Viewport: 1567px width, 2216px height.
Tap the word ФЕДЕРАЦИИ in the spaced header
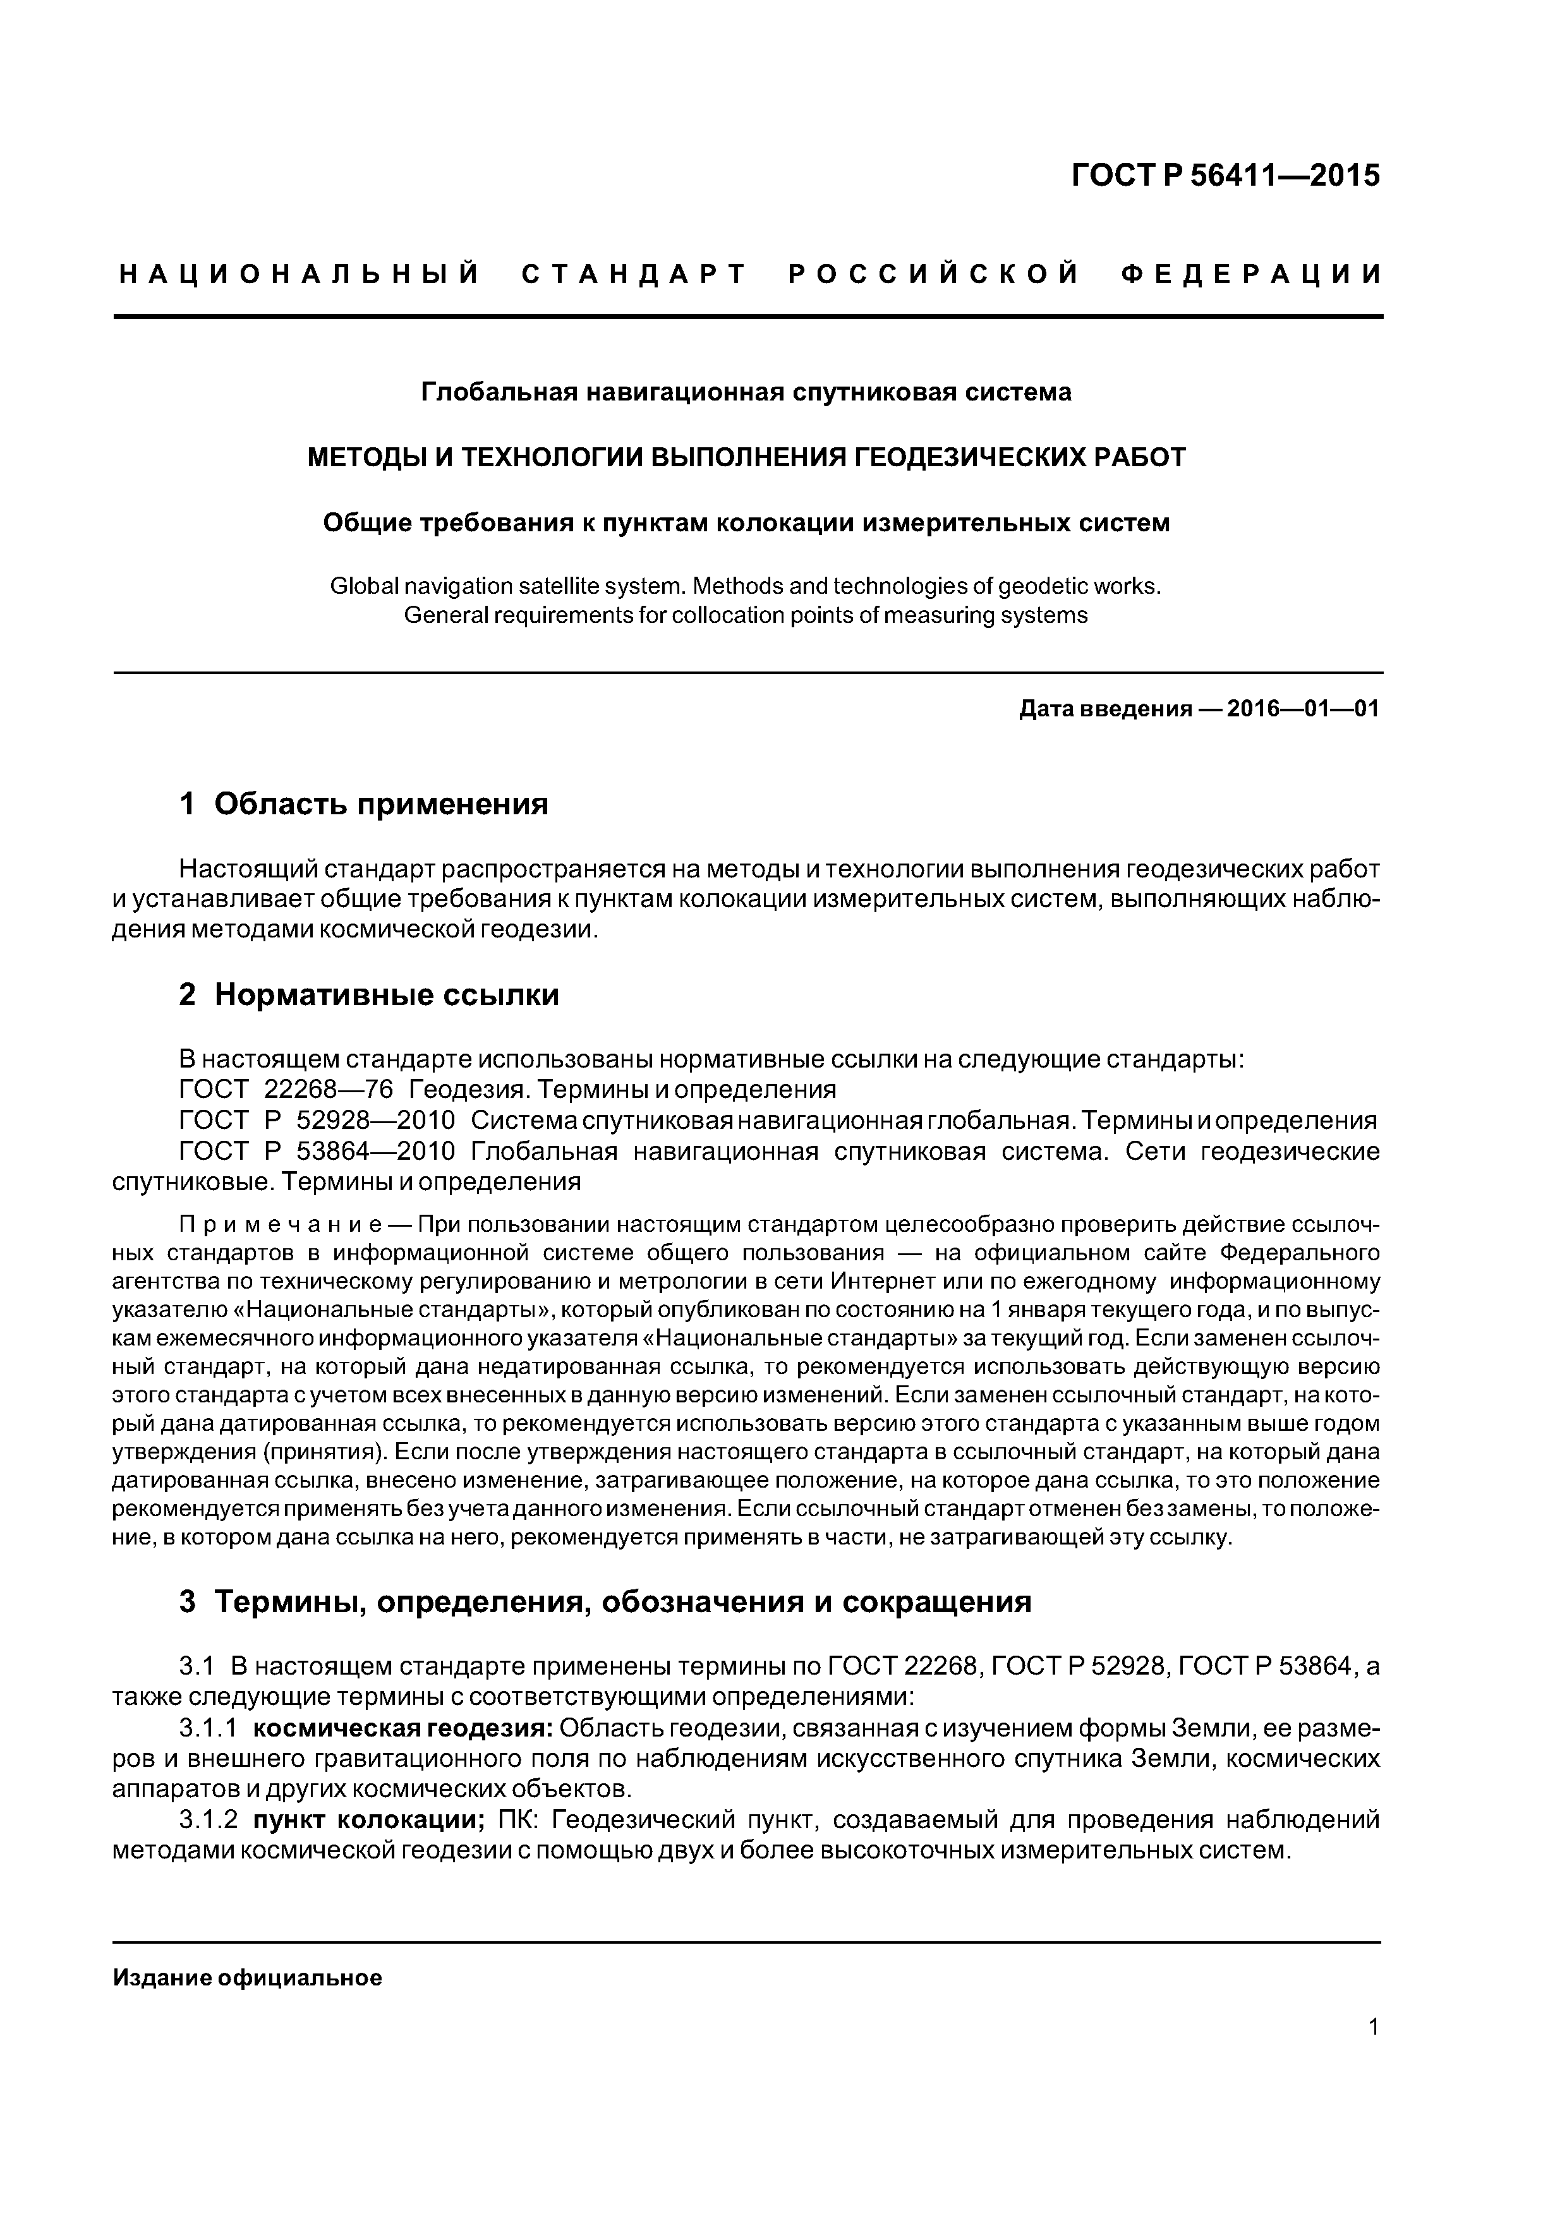tap(1251, 275)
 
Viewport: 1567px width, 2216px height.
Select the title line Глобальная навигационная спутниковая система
tap(746, 393)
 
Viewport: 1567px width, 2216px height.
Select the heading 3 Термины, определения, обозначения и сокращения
tap(605, 1602)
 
